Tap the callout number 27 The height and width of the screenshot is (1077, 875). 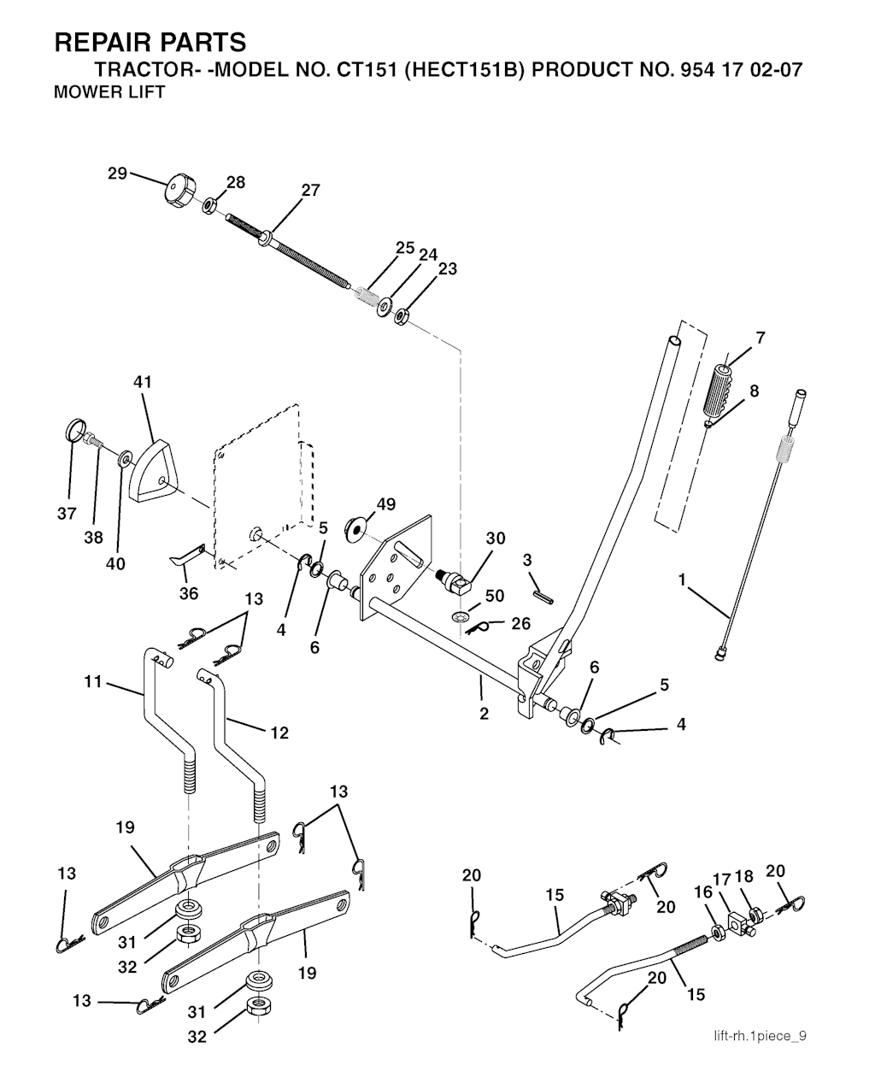pos(311,190)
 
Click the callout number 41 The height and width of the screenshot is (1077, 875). pos(142,381)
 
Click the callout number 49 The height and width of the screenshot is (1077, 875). pos(385,504)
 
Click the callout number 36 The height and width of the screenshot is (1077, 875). pos(189,593)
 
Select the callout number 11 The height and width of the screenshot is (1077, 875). pos(93,682)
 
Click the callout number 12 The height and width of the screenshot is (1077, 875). pos(279,733)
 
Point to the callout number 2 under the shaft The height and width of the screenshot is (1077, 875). pos(484,714)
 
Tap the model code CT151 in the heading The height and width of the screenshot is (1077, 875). pos(360,70)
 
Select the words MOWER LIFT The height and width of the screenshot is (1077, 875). pos(109,92)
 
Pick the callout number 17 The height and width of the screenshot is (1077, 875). pos(722,880)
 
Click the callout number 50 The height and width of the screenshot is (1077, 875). pos(495,596)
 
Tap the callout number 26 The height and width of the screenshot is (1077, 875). pos(520,623)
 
